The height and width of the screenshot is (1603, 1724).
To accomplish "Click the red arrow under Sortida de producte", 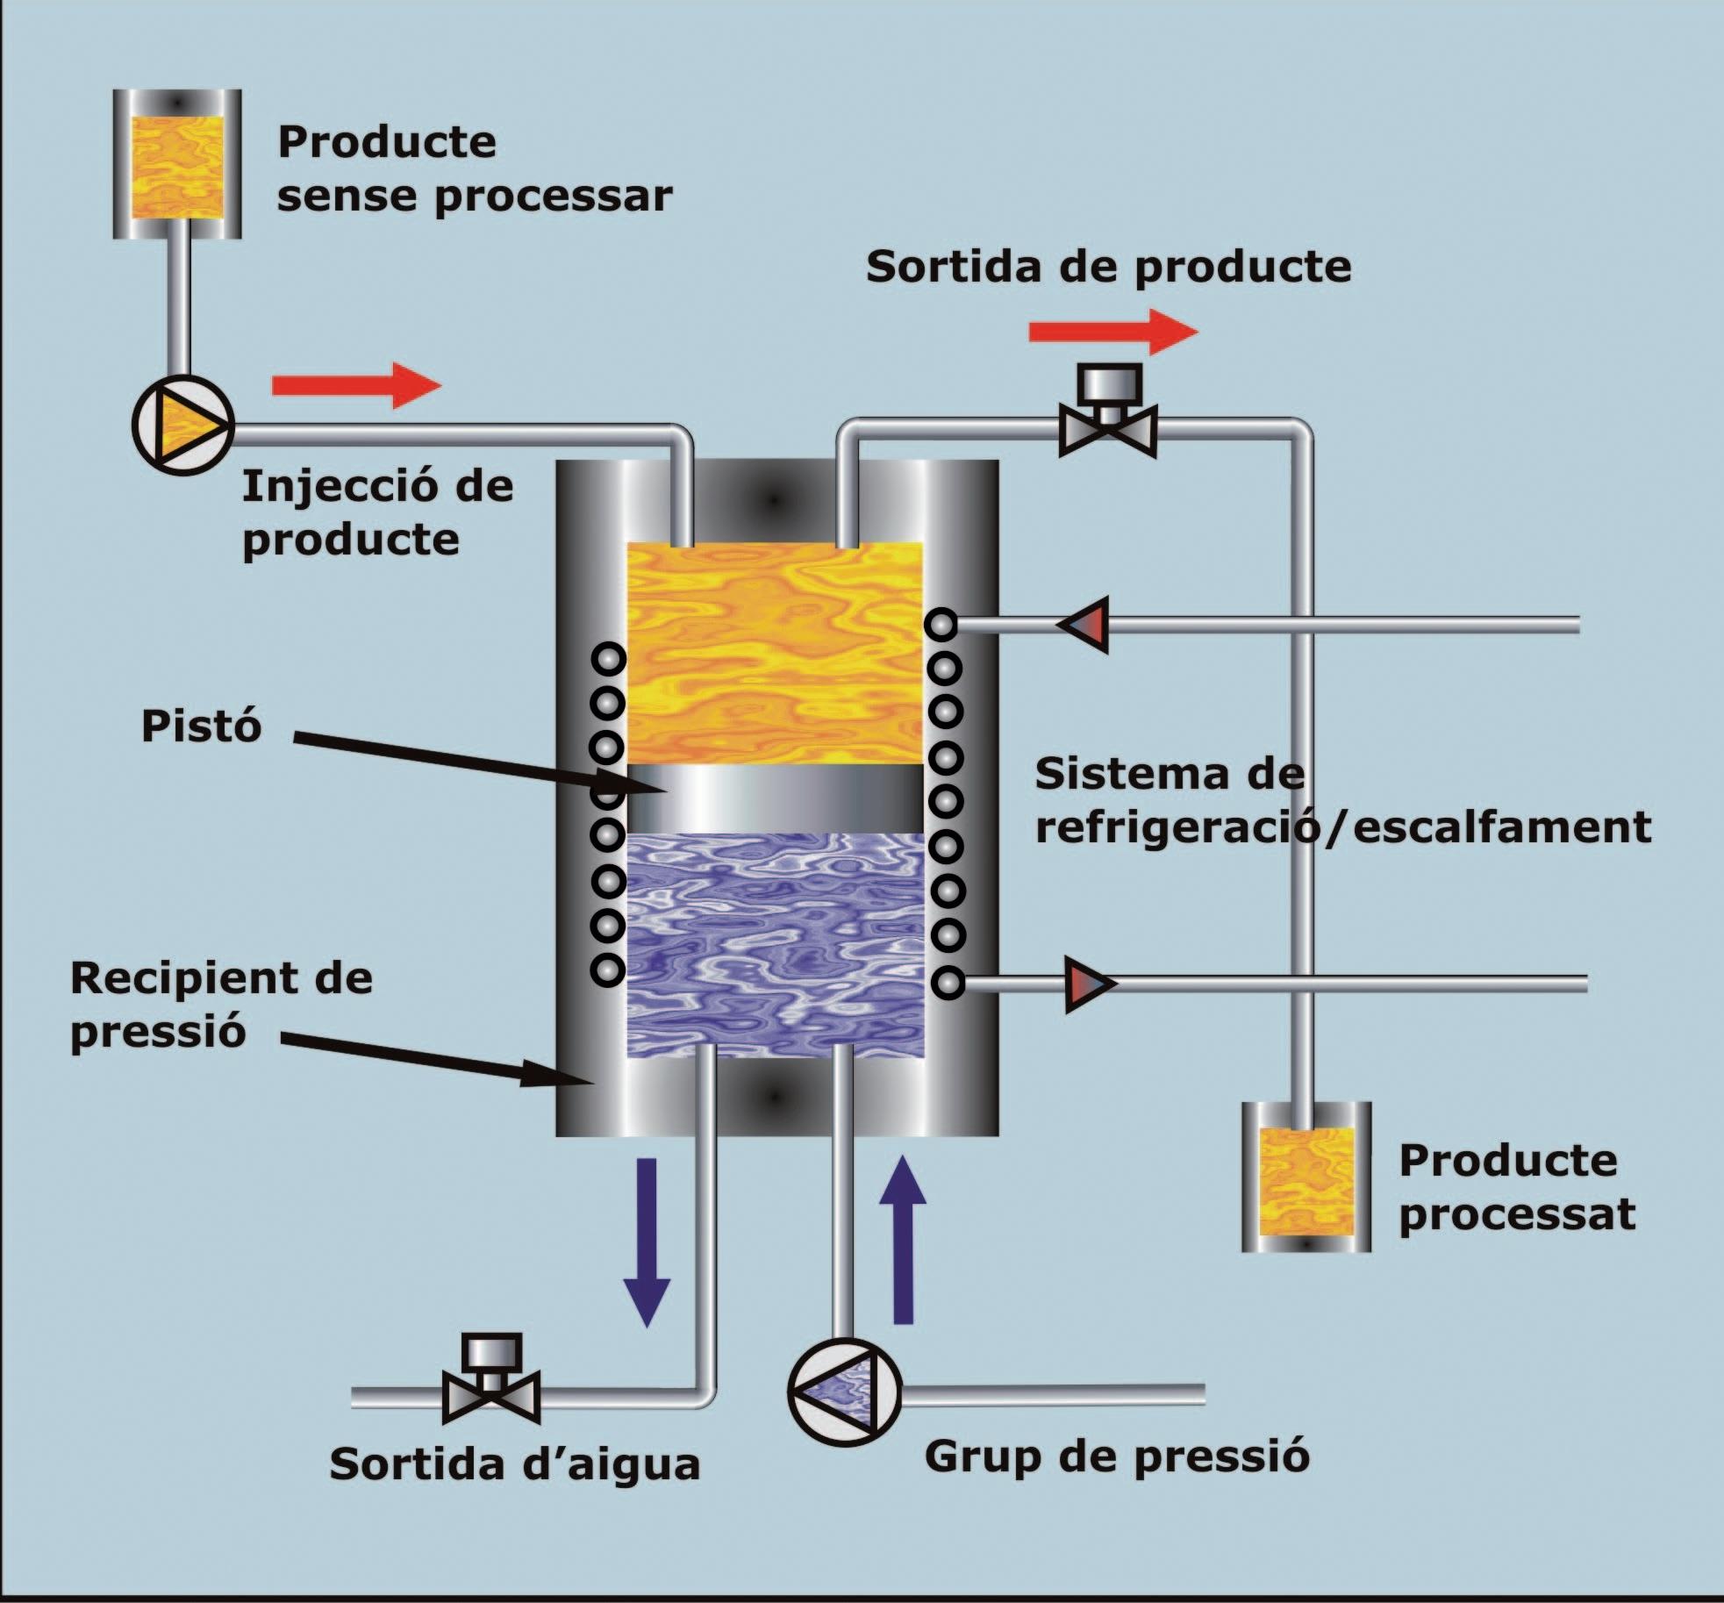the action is pos(1113,332).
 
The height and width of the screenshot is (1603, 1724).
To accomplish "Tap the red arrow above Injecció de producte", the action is pos(357,385).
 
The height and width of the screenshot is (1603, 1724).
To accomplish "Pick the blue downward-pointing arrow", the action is pos(647,1242).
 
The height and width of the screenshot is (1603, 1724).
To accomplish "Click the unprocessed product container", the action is pos(177,163).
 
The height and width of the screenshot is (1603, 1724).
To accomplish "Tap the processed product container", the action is pos(1306,1176).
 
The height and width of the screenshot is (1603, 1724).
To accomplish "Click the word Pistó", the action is pos(202,726).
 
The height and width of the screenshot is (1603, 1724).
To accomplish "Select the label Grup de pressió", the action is pos(1117,1456).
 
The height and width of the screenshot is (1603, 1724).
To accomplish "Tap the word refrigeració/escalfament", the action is pos(1343,827).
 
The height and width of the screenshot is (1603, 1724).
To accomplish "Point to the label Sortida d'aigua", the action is pos(515,1463).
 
